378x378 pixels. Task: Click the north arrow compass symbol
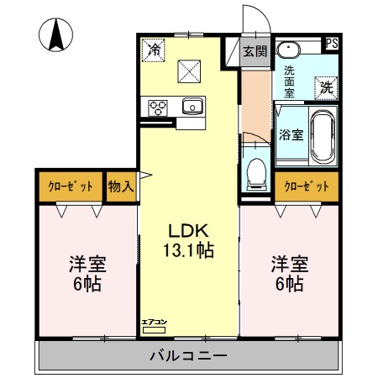click(x=56, y=34)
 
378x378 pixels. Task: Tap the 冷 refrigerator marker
click(x=155, y=50)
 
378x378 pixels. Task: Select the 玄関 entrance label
click(x=255, y=51)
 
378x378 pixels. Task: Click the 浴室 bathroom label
click(x=291, y=134)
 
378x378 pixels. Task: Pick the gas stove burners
click(x=157, y=107)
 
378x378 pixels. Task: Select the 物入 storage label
click(x=121, y=186)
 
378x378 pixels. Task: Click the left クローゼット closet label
click(x=70, y=186)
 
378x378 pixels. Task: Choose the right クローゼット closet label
click(x=306, y=186)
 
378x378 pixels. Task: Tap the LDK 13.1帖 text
click(x=190, y=240)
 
